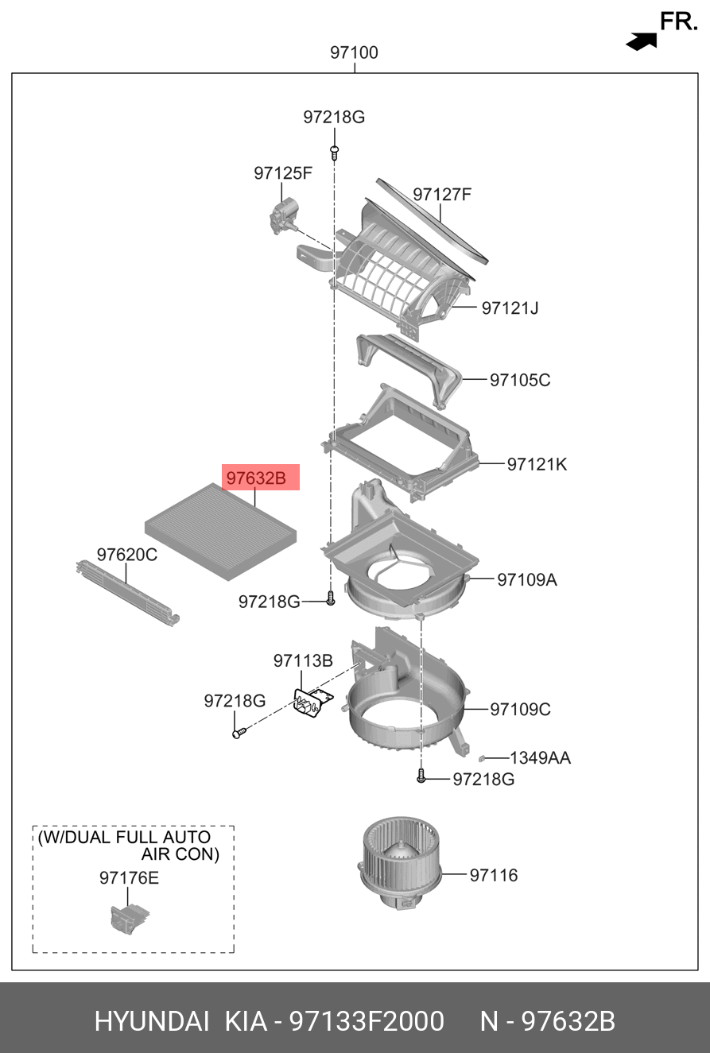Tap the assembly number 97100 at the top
[x=355, y=53]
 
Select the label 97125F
[x=283, y=172]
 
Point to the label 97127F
[x=442, y=194]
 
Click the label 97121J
[x=510, y=308]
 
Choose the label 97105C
[x=519, y=380]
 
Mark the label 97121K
[x=537, y=464]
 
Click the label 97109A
[x=527, y=580]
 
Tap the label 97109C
[x=519, y=709]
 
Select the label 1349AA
[x=540, y=758]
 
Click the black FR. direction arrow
[x=642, y=41]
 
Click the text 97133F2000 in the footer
[x=366, y=1021]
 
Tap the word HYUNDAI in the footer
[x=152, y=1021]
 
